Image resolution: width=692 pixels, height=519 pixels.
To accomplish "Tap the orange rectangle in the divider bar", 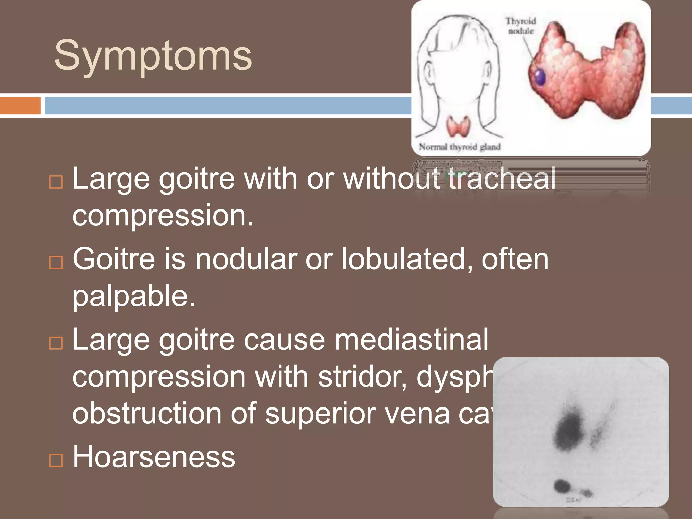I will coord(20,105).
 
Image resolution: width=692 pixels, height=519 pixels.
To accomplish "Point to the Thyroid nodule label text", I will coord(521,26).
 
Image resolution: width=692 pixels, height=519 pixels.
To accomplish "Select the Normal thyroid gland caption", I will coord(460,147).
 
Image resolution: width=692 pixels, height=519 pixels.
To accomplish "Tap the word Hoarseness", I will coord(154,457).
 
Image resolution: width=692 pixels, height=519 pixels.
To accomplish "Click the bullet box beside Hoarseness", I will coord(56,460).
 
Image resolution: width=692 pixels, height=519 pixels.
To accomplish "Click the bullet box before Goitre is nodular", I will coord(56,263).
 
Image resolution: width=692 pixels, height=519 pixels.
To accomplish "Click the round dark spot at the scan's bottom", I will coord(562,486).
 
